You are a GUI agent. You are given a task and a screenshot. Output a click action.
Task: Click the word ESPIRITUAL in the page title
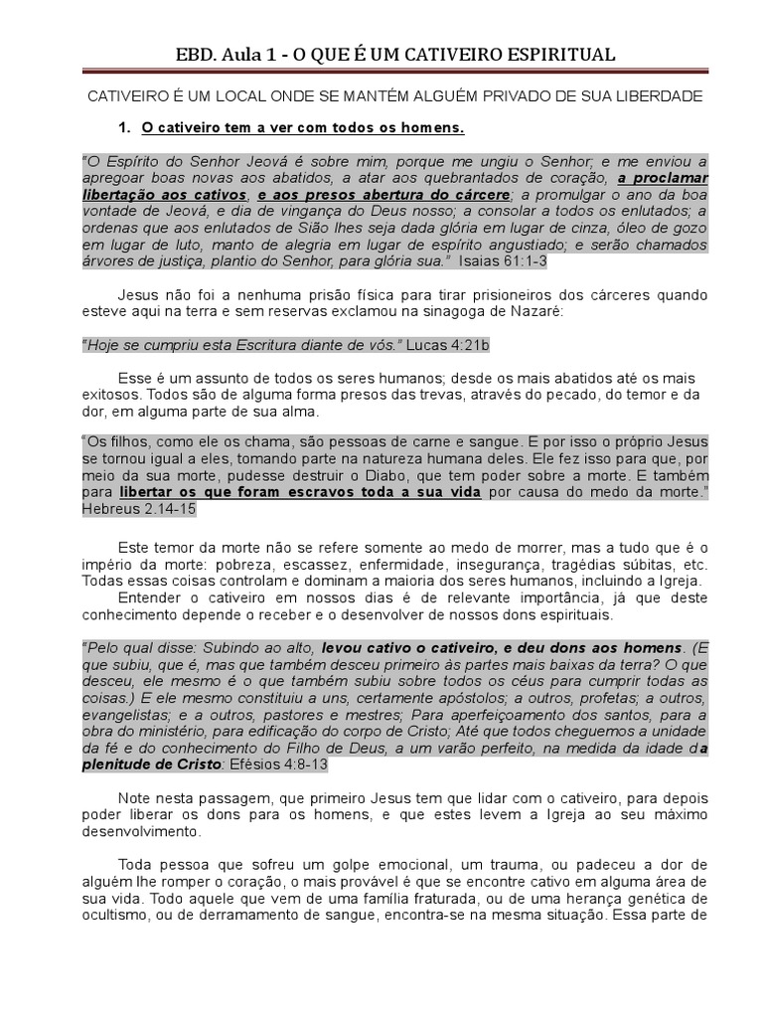coord(556,55)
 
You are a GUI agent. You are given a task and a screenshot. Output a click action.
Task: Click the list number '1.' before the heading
coord(125,129)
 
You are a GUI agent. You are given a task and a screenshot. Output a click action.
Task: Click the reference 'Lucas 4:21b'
coord(446,344)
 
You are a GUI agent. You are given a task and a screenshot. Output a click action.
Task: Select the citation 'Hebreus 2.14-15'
coord(139,509)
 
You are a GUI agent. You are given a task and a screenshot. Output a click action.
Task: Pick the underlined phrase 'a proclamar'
coord(664,179)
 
